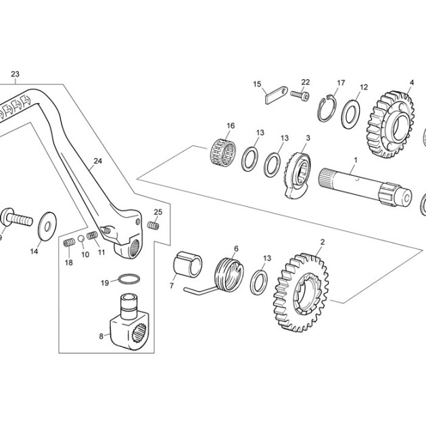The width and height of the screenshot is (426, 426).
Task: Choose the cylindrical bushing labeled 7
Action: pos(187,264)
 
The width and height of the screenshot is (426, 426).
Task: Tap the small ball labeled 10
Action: pos(80,239)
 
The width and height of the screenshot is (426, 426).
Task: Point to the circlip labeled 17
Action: pos(327,108)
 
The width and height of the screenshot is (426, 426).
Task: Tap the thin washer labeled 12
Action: pos(350,114)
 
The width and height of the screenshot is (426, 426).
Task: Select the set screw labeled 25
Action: pos(153,225)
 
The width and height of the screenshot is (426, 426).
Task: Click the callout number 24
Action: pos(98,161)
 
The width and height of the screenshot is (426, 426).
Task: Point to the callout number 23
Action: pos(15,74)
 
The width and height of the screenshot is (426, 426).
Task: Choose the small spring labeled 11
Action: pos(93,235)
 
